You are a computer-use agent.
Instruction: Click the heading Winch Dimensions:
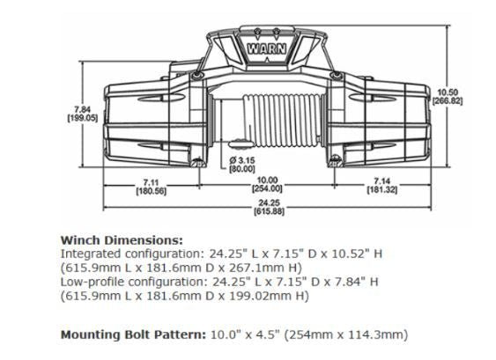point(121,239)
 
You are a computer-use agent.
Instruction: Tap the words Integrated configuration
point(127,253)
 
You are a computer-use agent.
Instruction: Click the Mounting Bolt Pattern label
point(131,335)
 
